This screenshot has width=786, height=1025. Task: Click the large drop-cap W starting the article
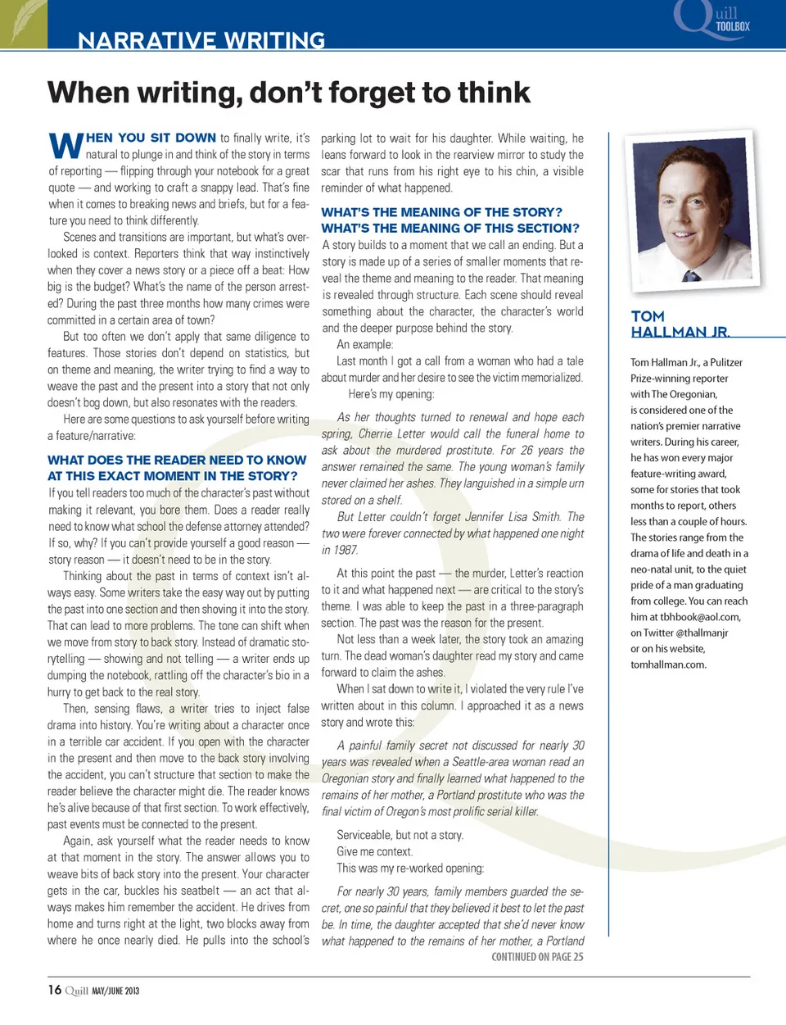pyautogui.click(x=65, y=145)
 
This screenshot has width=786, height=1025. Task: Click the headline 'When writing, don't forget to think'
pyautogui.click(x=288, y=93)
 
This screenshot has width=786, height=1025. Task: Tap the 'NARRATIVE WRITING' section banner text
pyautogui.click(x=201, y=40)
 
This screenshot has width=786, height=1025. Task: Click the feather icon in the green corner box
pyautogui.click(x=24, y=23)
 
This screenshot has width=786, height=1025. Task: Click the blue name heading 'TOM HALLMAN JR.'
pyautogui.click(x=680, y=324)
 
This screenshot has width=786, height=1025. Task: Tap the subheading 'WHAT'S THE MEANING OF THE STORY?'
pyautogui.click(x=441, y=212)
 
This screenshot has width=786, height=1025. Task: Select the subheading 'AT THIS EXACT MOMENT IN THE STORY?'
pyautogui.click(x=173, y=476)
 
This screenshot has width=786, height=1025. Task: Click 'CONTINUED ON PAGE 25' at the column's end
pyautogui.click(x=537, y=957)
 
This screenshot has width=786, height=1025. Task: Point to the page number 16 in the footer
pyautogui.click(x=55, y=990)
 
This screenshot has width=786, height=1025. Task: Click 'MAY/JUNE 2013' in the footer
pyautogui.click(x=115, y=991)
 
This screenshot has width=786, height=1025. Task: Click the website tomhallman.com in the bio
pyautogui.click(x=668, y=664)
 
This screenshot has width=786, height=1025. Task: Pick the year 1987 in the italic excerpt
pyautogui.click(x=345, y=550)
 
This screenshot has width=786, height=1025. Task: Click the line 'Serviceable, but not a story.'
pyautogui.click(x=400, y=835)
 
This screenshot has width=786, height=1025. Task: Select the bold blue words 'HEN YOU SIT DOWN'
pyautogui.click(x=151, y=138)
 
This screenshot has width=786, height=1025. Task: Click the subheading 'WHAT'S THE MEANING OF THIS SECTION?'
pyautogui.click(x=449, y=229)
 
